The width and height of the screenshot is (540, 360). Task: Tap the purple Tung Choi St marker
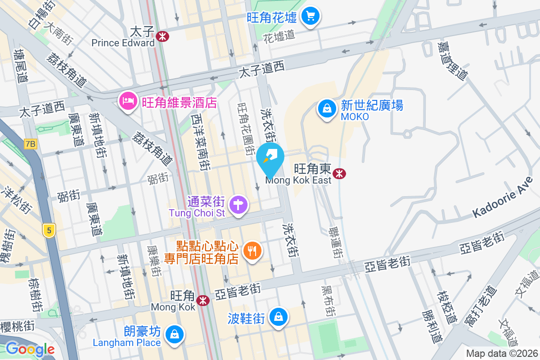click(238, 205)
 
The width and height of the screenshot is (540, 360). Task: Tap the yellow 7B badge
click(31, 144)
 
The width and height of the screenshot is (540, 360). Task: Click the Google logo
click(30, 349)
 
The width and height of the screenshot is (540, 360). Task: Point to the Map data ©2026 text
click(502, 353)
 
